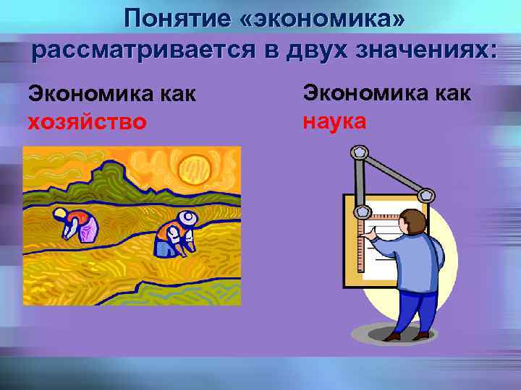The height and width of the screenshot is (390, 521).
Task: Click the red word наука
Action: coord(334,120)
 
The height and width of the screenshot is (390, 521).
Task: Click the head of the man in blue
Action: coord(414,221)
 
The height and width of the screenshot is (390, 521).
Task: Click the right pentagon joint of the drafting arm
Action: coord(426,195)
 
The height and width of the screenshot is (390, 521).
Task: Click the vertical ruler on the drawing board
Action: coord(363,246)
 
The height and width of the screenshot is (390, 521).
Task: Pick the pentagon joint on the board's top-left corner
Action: coord(360,212)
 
